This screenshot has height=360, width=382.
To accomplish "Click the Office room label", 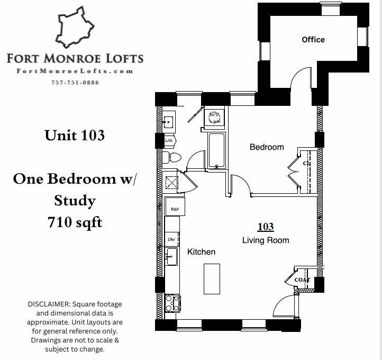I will [313, 40].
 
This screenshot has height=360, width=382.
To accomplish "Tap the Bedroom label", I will [267, 147].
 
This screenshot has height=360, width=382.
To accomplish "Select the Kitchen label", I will [202, 252].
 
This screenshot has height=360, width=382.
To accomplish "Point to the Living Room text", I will [266, 240].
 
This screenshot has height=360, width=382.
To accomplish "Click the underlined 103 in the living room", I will [266, 227].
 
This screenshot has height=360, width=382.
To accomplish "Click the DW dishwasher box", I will [171, 240].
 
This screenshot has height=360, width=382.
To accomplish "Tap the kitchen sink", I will [171, 257].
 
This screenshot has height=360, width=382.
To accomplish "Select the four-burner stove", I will [172, 303].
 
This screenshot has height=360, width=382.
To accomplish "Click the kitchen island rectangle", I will [212, 278].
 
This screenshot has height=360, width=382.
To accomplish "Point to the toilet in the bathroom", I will [172, 157].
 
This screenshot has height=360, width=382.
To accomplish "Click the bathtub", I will [217, 150].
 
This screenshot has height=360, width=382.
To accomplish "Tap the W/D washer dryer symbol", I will [215, 117].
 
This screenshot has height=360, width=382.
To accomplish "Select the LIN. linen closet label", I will [169, 141].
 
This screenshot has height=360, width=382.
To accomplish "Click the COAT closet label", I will [302, 280].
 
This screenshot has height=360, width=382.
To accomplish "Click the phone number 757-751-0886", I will [75, 82].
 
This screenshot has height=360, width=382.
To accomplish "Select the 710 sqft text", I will [75, 223].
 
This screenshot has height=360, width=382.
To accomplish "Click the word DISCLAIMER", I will [49, 304].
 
